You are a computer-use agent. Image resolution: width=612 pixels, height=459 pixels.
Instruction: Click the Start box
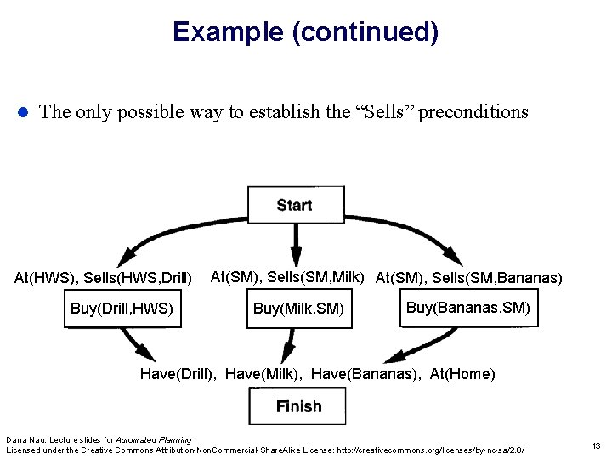294,205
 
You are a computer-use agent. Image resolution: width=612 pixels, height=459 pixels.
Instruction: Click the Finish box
298,406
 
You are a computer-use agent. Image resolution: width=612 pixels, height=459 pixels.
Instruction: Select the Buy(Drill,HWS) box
122,309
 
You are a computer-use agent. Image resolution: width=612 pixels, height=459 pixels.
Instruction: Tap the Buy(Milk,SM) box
298,309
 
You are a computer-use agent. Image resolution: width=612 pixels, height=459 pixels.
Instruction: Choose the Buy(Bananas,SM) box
467,307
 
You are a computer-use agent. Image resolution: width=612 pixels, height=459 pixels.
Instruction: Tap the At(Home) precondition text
462,374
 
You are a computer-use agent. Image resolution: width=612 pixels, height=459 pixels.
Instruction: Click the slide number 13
595,445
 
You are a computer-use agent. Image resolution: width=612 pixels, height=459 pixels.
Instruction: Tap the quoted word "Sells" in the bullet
382,111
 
